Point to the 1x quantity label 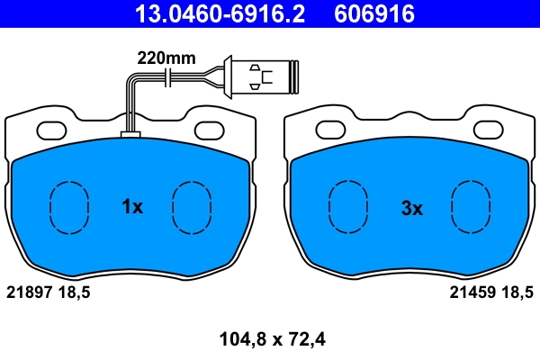pyautogui.click(x=132, y=207)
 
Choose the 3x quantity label pyautogui.click(x=411, y=208)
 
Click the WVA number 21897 pyautogui.click(x=30, y=292)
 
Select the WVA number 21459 pyautogui.click(x=470, y=292)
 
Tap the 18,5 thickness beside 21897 pyautogui.click(x=75, y=292)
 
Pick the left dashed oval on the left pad pyautogui.click(x=67, y=207)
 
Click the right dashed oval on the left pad pyautogui.click(x=190, y=207)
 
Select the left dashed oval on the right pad pyautogui.click(x=348, y=207)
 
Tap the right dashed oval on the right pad pyautogui.click(x=471, y=207)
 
